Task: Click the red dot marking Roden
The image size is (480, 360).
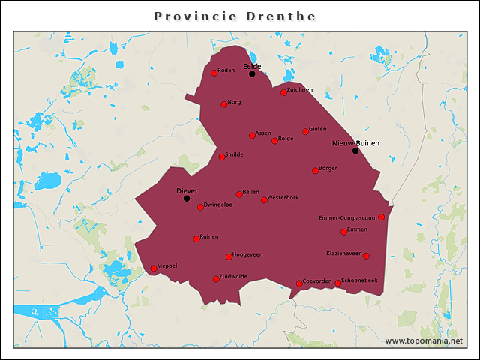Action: [x=214, y=73]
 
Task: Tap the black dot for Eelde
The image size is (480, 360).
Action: [x=252, y=73]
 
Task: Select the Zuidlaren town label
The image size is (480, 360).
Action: [x=300, y=90]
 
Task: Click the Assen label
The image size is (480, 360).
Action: [x=263, y=133]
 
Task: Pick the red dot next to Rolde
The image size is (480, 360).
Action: [x=274, y=141]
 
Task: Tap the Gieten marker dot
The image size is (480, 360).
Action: [x=305, y=131]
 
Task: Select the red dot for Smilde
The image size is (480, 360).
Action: [x=221, y=157]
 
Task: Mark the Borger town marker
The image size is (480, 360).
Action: [x=315, y=171]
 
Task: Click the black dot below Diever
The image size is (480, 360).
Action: [x=187, y=199]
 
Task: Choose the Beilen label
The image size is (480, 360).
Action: [x=251, y=192]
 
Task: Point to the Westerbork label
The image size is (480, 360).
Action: [x=283, y=198]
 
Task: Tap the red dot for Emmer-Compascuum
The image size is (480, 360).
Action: [x=381, y=217]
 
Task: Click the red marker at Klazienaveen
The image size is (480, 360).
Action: [x=366, y=256]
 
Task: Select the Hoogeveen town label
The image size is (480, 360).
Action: [x=247, y=254]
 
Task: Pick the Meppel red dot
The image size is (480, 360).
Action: [x=154, y=268]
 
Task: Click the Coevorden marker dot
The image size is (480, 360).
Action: [x=299, y=283]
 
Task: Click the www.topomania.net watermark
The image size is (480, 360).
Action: [x=424, y=341]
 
